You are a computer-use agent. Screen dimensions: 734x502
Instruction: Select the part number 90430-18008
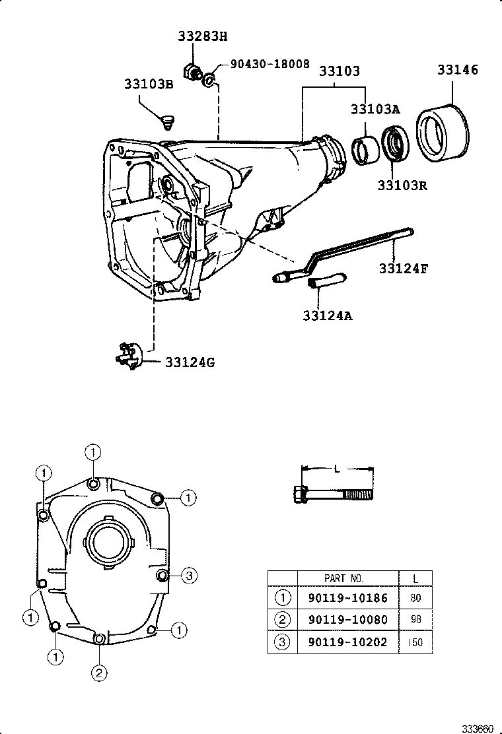click(x=269, y=64)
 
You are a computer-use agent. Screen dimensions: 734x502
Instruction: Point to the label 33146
click(x=456, y=70)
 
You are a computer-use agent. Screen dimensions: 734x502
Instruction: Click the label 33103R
click(x=402, y=185)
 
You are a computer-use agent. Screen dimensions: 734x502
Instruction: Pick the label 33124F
click(x=403, y=268)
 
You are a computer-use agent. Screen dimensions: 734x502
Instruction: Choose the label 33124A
click(x=328, y=316)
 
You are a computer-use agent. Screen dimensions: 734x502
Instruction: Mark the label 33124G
click(x=190, y=362)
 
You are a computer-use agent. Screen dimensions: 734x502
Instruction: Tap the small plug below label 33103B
click(x=168, y=121)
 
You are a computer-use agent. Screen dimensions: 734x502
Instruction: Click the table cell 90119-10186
click(x=348, y=599)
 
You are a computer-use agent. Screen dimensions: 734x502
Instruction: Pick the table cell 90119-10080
click(x=348, y=620)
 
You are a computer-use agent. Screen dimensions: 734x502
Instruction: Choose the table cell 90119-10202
click(x=348, y=642)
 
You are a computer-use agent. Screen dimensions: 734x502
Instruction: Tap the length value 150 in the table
click(x=415, y=642)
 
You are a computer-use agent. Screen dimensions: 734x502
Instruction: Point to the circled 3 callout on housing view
click(x=188, y=576)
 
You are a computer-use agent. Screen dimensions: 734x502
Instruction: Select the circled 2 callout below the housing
click(x=98, y=673)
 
